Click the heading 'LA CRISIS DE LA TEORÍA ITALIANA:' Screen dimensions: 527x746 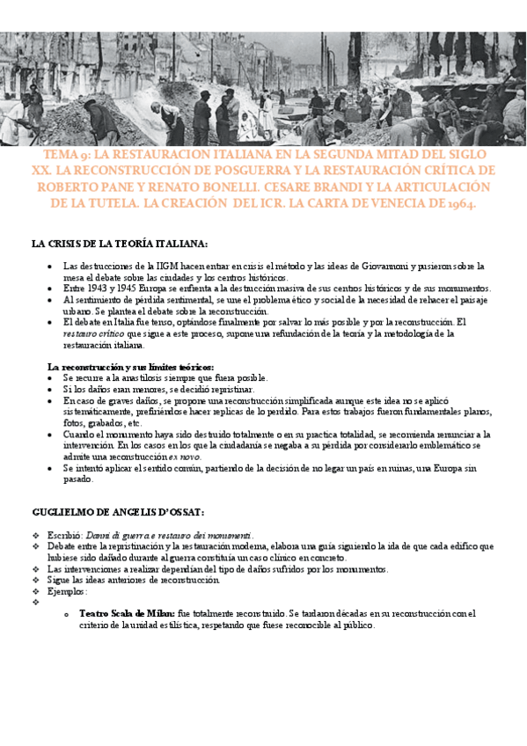(119, 244)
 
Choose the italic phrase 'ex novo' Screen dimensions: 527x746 (187, 457)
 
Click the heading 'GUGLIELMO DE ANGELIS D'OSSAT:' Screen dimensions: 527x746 (118, 511)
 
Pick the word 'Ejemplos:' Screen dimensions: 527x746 (69, 591)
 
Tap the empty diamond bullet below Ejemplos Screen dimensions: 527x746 (36, 603)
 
